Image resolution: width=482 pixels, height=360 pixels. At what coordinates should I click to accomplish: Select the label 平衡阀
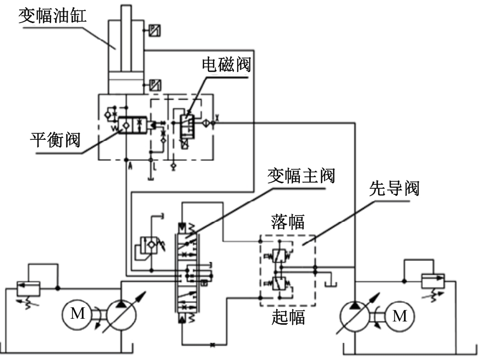pyautogui.click(x=54, y=140)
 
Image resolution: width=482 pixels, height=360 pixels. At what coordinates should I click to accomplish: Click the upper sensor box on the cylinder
pyautogui.click(x=154, y=30)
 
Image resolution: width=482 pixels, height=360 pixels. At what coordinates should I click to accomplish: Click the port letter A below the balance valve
pyautogui.click(x=130, y=164)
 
